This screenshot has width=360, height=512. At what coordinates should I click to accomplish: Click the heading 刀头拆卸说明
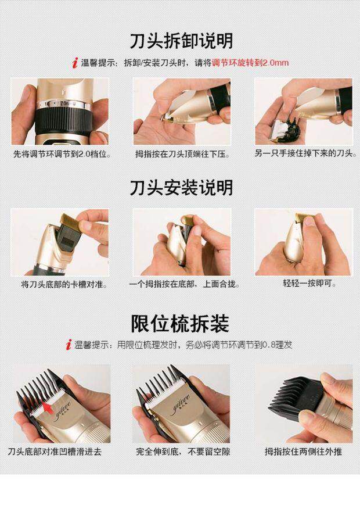(182, 41)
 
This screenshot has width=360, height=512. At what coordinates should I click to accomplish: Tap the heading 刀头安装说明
(182, 188)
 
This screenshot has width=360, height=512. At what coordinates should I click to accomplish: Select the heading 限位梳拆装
(180, 323)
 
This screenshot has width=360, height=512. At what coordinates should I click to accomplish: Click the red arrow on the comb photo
(48, 407)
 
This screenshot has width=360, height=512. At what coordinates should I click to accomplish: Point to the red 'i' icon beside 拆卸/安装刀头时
(75, 63)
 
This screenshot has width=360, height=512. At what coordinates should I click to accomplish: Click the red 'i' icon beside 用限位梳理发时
(69, 345)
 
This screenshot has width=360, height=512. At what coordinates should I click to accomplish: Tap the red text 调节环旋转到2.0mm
(250, 63)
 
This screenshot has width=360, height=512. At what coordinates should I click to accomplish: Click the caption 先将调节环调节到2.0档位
(62, 154)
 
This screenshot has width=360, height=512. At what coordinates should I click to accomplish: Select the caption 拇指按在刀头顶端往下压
(183, 154)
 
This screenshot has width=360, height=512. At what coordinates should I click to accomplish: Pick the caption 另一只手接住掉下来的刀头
(306, 153)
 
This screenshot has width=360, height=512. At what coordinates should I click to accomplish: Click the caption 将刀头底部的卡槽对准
(64, 284)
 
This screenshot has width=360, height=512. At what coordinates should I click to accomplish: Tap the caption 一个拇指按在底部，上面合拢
(185, 284)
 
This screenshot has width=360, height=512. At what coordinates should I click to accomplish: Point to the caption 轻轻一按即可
(309, 283)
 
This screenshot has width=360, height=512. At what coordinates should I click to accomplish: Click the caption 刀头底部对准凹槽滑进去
(55, 452)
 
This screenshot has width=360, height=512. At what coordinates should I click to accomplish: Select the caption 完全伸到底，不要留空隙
(183, 452)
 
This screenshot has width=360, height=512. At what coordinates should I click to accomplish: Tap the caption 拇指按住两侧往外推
(303, 452)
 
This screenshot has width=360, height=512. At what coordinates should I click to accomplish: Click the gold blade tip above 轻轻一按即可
(304, 219)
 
